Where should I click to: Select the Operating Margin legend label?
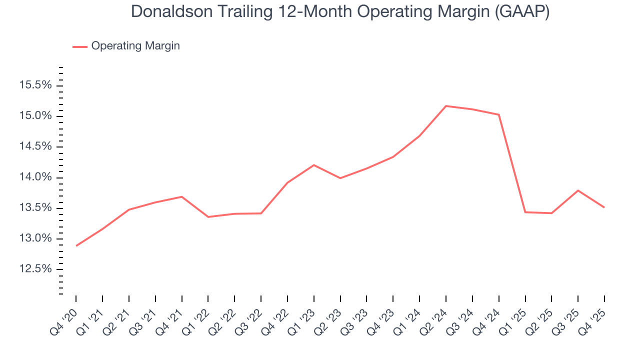135,46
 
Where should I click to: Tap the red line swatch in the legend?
80,46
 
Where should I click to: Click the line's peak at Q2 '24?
446,106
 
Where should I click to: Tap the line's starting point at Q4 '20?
76,245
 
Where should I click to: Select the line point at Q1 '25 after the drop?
525,212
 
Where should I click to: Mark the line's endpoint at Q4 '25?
604,207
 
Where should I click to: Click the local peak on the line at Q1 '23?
314,165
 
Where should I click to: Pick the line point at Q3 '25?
578,190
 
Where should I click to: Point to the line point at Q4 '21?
182,196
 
